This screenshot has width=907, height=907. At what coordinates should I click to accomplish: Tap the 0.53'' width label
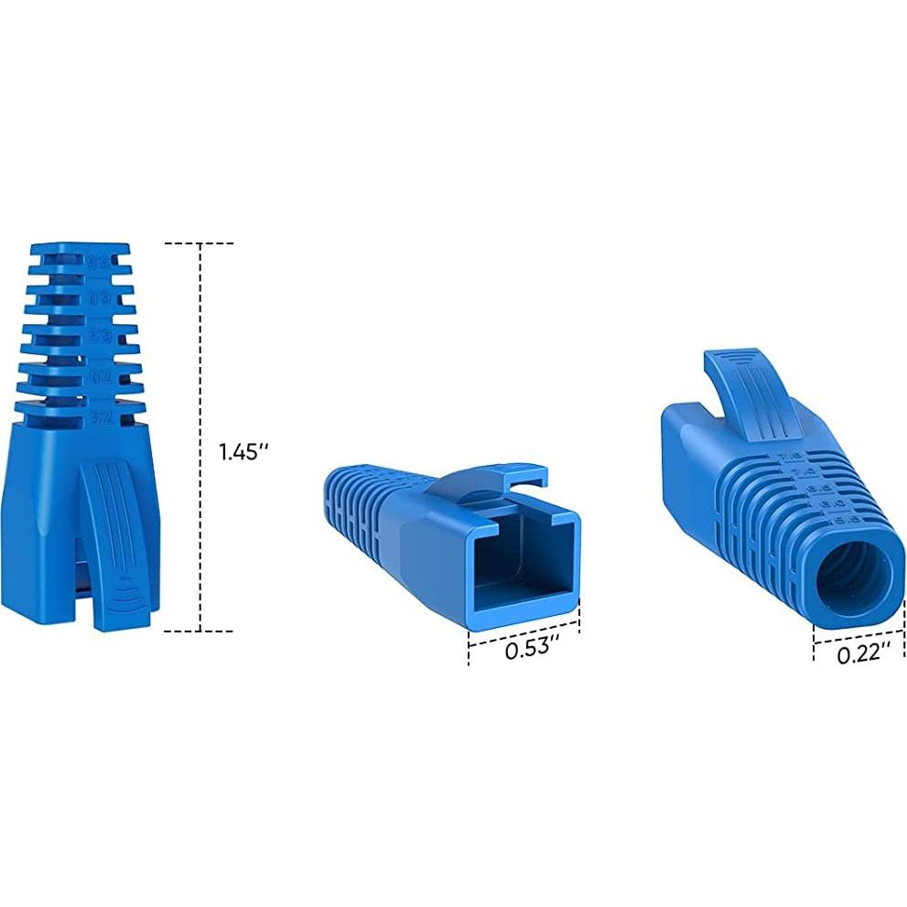(x=532, y=650)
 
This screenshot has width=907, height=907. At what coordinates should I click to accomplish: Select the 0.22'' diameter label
(x=864, y=653)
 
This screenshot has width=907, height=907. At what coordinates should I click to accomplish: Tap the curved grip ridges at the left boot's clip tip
(x=123, y=599)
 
